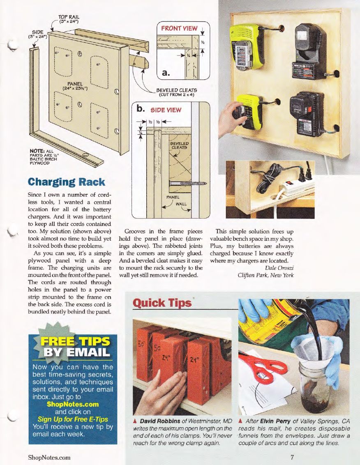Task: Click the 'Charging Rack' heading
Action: pyautogui.click(x=66, y=182)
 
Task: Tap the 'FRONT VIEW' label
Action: pyautogui.click(x=179, y=29)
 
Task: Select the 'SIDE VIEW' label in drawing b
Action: pyautogui.click(x=166, y=110)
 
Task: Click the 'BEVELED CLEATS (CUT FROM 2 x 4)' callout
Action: pyautogui.click(x=177, y=92)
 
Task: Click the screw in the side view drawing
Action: pyautogui.click(x=189, y=183)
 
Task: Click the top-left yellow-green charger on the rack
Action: pyautogui.click(x=247, y=46)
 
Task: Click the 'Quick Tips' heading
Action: pyautogui.click(x=162, y=303)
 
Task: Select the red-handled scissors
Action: pyautogui.click(x=259, y=365)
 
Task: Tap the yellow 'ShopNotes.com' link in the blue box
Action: pyautogui.click(x=73, y=404)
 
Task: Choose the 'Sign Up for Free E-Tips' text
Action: pyautogui.click(x=73, y=419)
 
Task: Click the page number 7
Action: pyautogui.click(x=292, y=457)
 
